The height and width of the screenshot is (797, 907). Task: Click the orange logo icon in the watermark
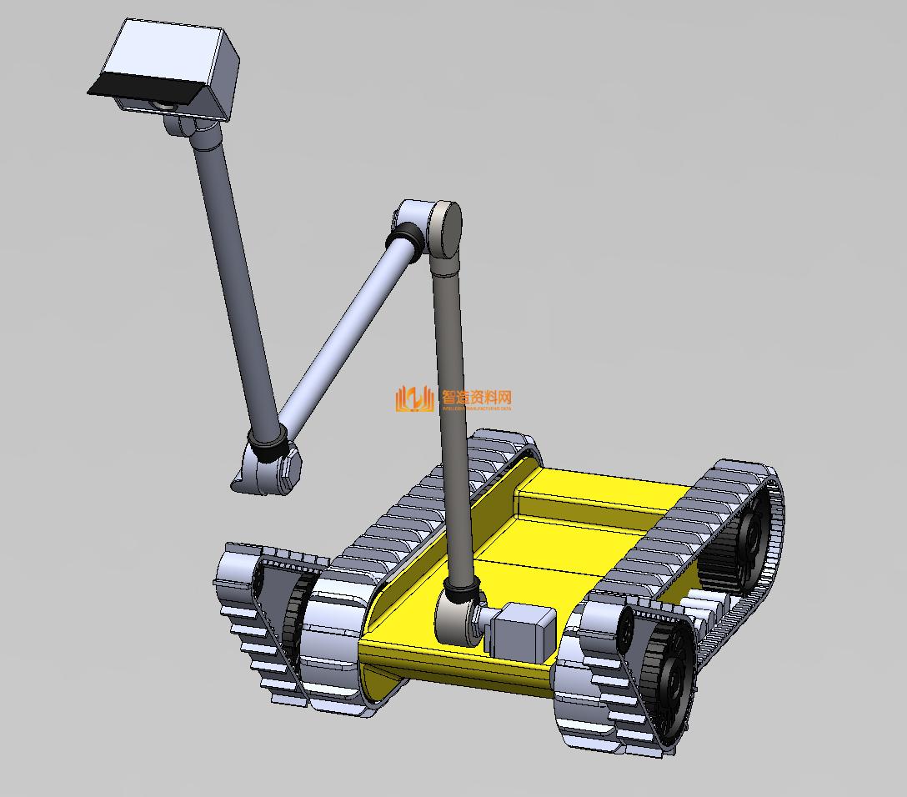pos(414,399)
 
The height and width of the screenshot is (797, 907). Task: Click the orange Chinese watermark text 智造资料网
pos(476,398)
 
